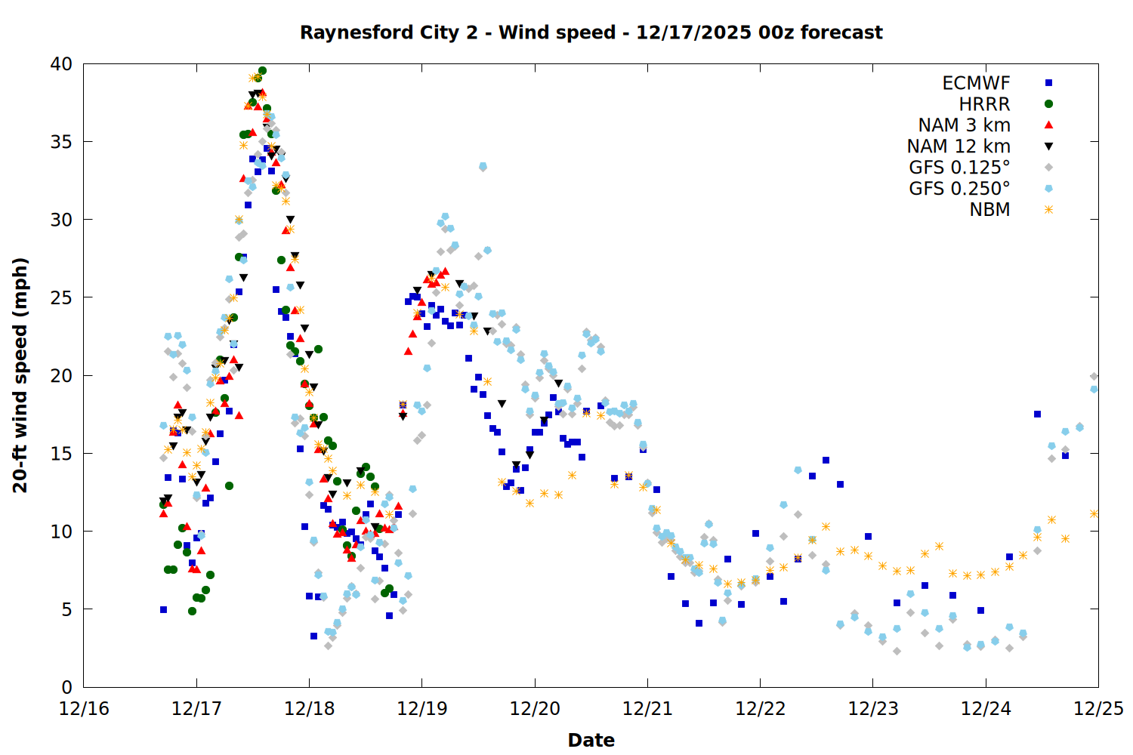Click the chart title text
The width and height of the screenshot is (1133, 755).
pyautogui.click(x=591, y=32)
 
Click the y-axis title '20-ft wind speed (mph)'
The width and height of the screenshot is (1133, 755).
pyautogui.click(x=20, y=375)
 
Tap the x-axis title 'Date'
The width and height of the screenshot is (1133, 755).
pyautogui.click(x=591, y=740)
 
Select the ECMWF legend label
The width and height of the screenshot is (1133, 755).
pyautogui.click(x=976, y=83)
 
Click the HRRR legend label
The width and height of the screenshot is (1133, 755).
pyautogui.click(x=984, y=104)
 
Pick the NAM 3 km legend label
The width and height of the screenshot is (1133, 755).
pyautogui.click(x=964, y=125)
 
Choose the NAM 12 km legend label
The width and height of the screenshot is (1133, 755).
pyautogui.click(x=959, y=146)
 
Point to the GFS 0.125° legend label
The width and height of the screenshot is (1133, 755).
pyautogui.click(x=959, y=168)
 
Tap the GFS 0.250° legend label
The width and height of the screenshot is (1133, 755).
pyautogui.click(x=959, y=189)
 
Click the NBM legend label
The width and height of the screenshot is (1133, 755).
pyautogui.click(x=989, y=210)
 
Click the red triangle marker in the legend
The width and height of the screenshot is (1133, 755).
pyautogui.click(x=1048, y=125)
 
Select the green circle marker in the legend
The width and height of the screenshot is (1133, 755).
pyautogui.click(x=1048, y=104)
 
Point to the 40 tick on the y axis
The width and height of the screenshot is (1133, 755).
pyautogui.click(x=61, y=64)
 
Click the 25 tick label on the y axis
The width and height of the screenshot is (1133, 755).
pyautogui.click(x=61, y=297)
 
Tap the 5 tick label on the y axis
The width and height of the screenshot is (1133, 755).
pyautogui.click(x=66, y=609)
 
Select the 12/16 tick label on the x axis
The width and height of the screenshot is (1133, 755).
pyautogui.click(x=84, y=709)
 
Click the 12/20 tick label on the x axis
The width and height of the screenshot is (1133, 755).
pyautogui.click(x=535, y=709)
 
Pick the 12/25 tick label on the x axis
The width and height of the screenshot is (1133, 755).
pyautogui.click(x=1098, y=709)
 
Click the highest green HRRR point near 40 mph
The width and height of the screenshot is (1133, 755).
pyautogui.click(x=262, y=71)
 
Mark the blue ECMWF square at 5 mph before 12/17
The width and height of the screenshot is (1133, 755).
pyautogui.click(x=163, y=609)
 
